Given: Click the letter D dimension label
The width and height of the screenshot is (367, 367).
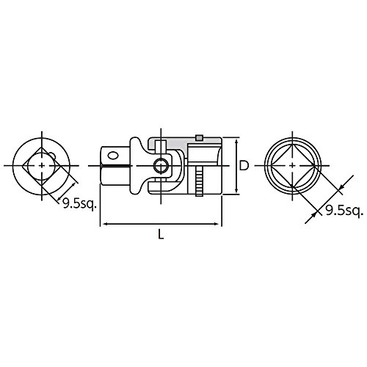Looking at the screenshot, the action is pos(244,166).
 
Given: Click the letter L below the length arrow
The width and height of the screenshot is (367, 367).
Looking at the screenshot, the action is pos(161,234).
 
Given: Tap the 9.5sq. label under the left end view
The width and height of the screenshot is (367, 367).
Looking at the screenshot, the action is pos(79,203).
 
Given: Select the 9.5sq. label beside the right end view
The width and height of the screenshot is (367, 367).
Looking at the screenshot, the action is pos(343,211).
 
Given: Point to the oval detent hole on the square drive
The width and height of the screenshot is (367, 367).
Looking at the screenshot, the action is pos(112,155).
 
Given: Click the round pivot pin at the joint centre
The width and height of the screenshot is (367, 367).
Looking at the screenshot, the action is pos(161,166).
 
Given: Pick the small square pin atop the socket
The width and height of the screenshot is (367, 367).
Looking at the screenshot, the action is pos(200,138).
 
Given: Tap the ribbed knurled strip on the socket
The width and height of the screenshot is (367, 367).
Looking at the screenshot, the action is pos(199,181).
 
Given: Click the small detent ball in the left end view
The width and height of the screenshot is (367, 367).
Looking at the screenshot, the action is pos(52,156).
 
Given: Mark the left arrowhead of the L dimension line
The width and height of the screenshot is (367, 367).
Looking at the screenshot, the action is pos(103,224).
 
